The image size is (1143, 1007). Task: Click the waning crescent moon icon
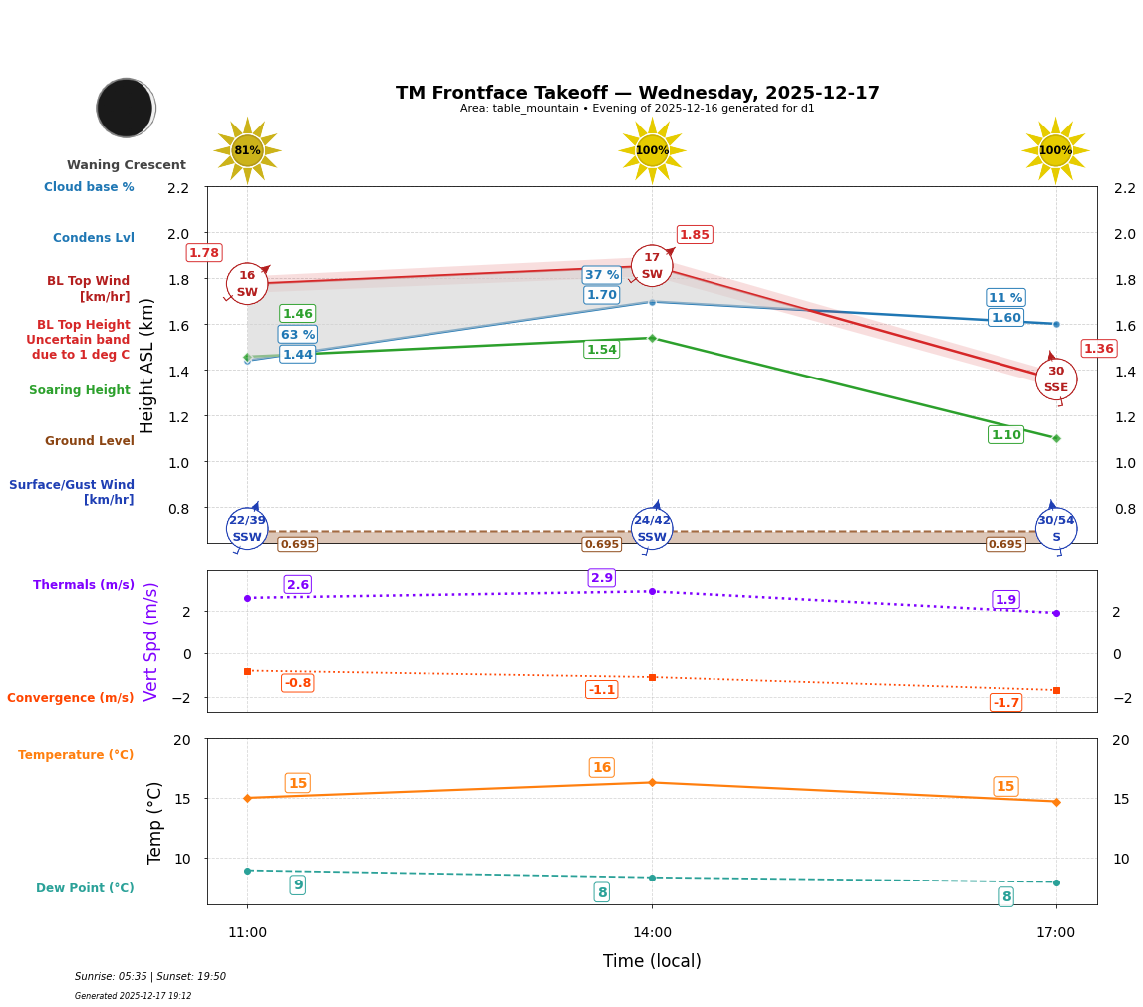(x=126, y=108)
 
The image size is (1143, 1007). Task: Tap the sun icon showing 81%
(x=247, y=150)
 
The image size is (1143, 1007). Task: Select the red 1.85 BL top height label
(x=694, y=235)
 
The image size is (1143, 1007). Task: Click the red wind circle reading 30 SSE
(x=1055, y=379)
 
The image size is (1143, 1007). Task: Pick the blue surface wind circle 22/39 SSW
(x=247, y=529)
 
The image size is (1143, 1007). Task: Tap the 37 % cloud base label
(x=601, y=275)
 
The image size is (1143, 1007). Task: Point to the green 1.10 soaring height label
(x=1005, y=435)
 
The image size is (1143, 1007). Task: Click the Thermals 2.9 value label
(x=602, y=578)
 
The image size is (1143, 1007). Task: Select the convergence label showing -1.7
(x=1005, y=703)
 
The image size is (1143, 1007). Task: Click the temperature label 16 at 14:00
(x=602, y=768)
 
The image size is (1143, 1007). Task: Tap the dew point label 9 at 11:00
(x=297, y=885)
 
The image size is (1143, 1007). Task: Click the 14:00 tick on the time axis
(x=652, y=933)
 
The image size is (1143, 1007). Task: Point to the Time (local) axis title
(x=652, y=961)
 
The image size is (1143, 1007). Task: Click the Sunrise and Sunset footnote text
(x=150, y=977)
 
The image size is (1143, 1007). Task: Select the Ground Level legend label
(x=90, y=441)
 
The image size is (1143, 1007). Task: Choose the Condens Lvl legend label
(x=94, y=238)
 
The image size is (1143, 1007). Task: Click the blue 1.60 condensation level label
(x=1005, y=318)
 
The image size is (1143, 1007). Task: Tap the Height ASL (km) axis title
(x=147, y=366)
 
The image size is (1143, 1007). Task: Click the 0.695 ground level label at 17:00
(x=1004, y=545)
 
